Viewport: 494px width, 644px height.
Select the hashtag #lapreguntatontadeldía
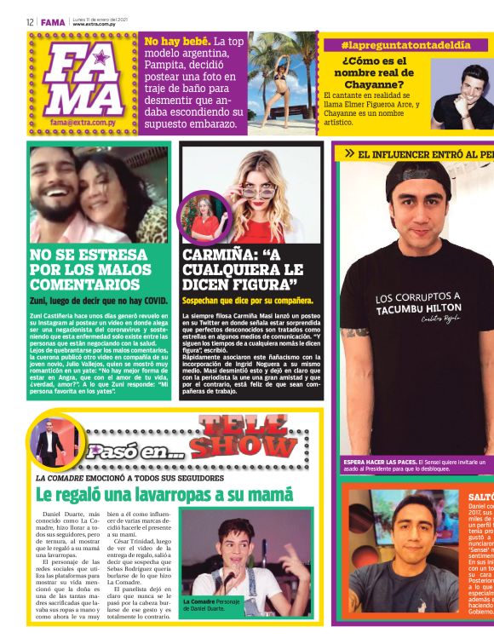coord(405,44)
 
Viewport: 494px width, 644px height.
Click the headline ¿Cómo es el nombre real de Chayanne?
coord(373,72)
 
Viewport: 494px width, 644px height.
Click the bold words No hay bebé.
coord(176,41)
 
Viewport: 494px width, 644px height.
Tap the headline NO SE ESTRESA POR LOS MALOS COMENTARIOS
coord(91,268)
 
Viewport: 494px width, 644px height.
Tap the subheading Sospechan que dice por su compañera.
coord(248,301)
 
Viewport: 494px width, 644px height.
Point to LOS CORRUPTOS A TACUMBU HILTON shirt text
coord(417,302)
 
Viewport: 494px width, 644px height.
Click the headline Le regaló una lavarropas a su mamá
coord(164,495)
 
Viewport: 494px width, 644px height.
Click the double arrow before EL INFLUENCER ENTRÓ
coord(349,154)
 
